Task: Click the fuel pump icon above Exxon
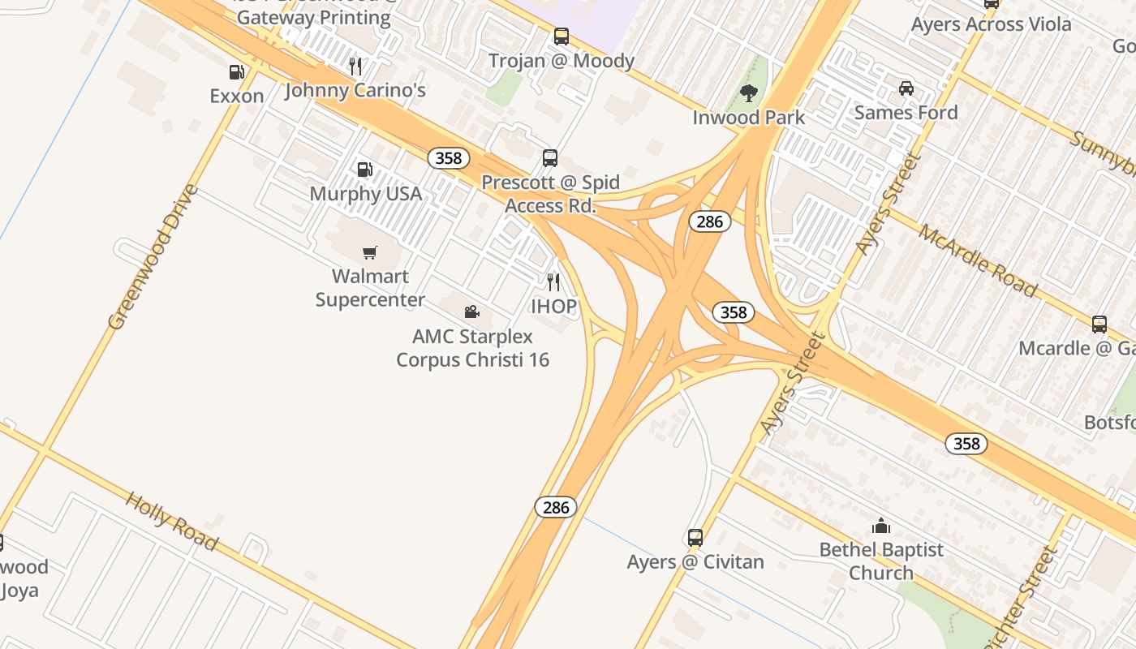[236, 72]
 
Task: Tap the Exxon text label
[237, 96]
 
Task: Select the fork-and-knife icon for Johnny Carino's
[355, 66]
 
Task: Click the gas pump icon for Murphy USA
[365, 170]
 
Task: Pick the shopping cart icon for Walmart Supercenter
[370, 252]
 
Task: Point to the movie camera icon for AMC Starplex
[471, 312]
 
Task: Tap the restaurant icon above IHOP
[553, 282]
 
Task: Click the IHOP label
[553, 306]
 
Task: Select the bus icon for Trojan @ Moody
[561, 37]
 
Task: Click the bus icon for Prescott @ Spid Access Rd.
[550, 158]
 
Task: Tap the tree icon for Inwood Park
[749, 93]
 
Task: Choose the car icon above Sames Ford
[906, 88]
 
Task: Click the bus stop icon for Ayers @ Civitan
[695, 537]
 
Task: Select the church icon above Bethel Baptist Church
[881, 526]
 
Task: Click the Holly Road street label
[171, 520]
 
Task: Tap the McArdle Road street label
[978, 260]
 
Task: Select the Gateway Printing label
[314, 18]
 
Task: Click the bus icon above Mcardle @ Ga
[1099, 324]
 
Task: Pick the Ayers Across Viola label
[991, 24]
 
